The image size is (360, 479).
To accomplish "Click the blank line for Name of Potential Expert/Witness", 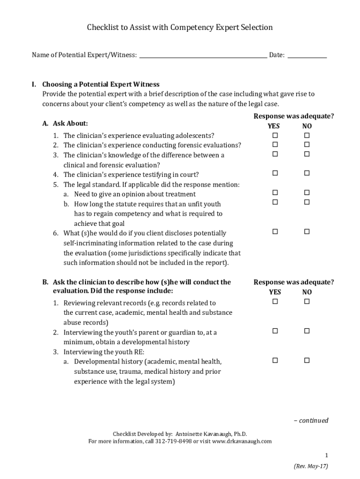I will coord(203,55).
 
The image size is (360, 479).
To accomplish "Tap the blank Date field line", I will coord(307,55).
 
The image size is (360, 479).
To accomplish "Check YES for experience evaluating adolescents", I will coord(275,135).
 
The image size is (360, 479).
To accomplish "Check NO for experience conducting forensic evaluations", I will coord(307,145).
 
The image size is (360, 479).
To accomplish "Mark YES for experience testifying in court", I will coord(275,174).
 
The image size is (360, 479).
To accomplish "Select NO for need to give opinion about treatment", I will coord(307,193).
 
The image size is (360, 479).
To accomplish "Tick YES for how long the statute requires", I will coord(275,202).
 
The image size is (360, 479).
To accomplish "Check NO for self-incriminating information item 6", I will coord(307,232).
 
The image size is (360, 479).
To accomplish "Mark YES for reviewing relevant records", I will coord(275,302).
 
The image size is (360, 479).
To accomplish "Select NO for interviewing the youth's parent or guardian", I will coord(307,331).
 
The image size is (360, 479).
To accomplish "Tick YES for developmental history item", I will coord(275,360).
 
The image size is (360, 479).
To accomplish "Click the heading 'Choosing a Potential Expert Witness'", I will coord(101,85).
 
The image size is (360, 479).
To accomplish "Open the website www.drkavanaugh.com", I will coord(242,441).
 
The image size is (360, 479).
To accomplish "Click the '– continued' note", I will coord(311,420).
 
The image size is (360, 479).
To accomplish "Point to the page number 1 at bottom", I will coord(327,455).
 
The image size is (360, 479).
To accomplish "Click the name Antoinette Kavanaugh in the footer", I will coord(199,434).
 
